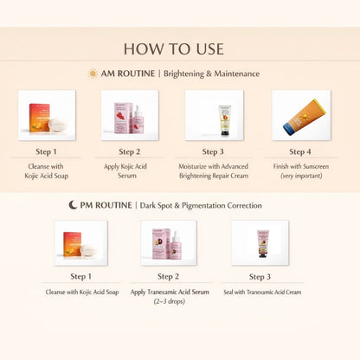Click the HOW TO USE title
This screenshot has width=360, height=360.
[x=180, y=48]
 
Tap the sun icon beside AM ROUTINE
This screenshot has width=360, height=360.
[x=93, y=74]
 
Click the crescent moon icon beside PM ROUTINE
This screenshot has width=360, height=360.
[x=74, y=205]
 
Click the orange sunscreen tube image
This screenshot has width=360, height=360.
[x=300, y=114]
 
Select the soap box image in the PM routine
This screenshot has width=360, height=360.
[x=80, y=242]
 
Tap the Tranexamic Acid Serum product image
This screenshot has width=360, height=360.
[x=168, y=242]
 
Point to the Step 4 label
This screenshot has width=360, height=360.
[x=300, y=151]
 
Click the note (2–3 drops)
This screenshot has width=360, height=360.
[x=168, y=301]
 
